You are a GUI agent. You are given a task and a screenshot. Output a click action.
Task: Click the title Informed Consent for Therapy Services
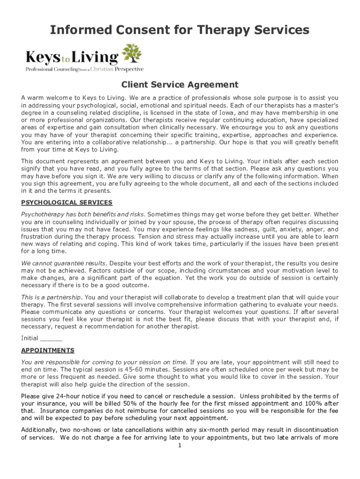[180, 30]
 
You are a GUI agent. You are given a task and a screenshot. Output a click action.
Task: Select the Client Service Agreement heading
[180, 85]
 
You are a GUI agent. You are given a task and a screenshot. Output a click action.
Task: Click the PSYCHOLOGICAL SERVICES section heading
[67, 203]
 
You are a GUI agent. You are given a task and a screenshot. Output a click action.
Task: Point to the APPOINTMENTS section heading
[48, 350]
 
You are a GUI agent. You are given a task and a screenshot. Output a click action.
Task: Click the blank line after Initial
[51, 338]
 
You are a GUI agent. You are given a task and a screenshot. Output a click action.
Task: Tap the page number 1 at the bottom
[180, 445]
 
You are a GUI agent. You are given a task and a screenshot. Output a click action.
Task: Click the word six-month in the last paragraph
[223, 430]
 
